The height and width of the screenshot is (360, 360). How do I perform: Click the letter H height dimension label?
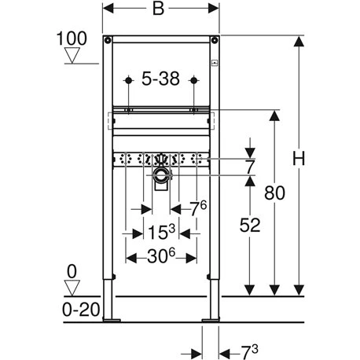pyautogui.click(x=298, y=160)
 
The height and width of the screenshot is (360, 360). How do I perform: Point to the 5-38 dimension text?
pyautogui.click(x=160, y=79)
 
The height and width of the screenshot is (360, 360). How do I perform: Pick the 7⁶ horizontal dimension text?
pyautogui.click(x=199, y=208)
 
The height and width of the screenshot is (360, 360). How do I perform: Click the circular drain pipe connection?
pyautogui.click(x=161, y=174)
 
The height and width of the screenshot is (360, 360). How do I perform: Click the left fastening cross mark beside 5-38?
pyautogui.click(x=127, y=79)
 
